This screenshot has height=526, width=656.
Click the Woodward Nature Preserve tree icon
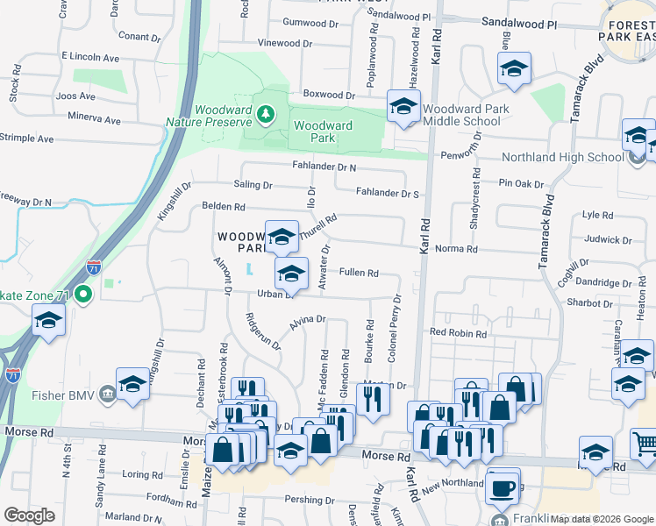pyautogui.click(x=264, y=115)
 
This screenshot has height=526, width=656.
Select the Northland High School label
pyautogui.click(x=562, y=158)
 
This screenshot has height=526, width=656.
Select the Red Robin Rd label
pyautogui.click(x=458, y=332)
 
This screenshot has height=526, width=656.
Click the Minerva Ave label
pyautogui.click(x=92, y=119)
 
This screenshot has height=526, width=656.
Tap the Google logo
pyautogui.click(x=29, y=515)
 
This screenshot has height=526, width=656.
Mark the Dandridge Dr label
pyautogui.click(x=606, y=283)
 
